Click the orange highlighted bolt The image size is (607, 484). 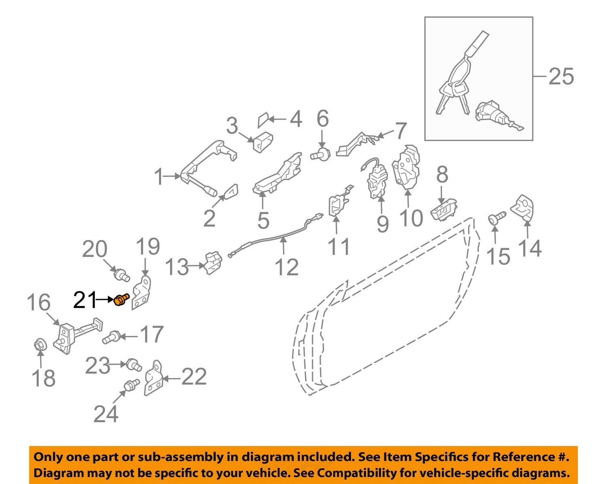[x=121, y=300]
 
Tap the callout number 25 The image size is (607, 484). [x=561, y=76]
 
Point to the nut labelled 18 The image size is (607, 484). [x=40, y=345]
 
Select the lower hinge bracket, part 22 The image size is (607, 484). [x=153, y=378]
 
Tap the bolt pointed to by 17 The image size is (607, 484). [x=110, y=337]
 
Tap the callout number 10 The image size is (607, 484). [x=411, y=218]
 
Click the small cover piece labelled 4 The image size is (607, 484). [x=263, y=120]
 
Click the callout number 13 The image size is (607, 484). [x=177, y=267]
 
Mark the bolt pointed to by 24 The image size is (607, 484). [x=131, y=384]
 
